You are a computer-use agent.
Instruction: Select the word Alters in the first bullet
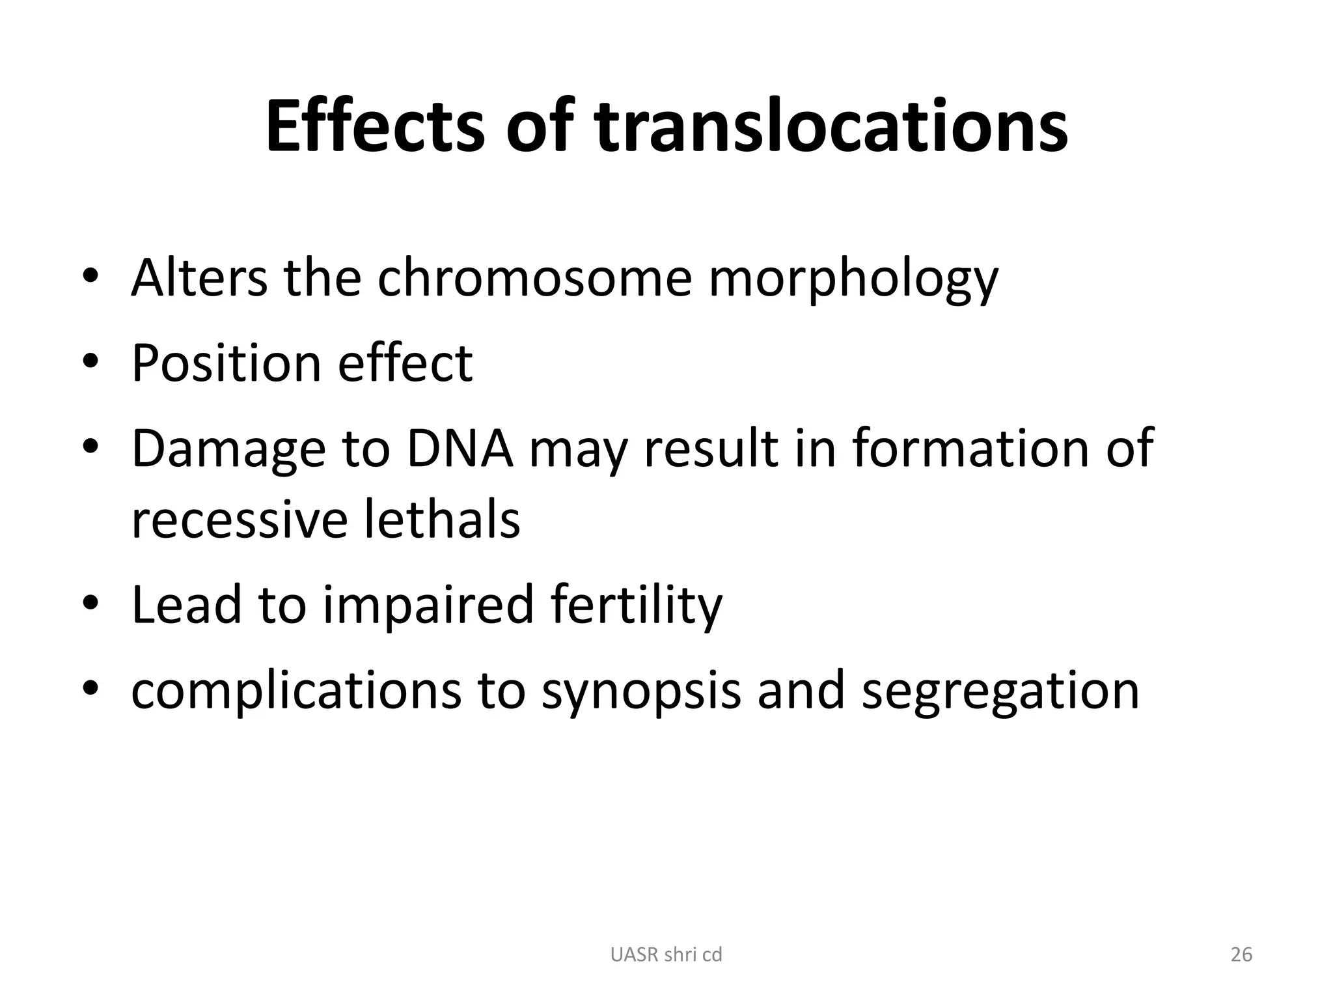(x=199, y=278)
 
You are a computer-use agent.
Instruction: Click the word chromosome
(x=534, y=278)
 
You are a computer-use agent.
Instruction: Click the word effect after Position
(x=405, y=363)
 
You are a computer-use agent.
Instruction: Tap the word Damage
(x=228, y=449)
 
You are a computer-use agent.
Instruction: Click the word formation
(x=970, y=449)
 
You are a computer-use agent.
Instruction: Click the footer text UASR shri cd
(x=666, y=955)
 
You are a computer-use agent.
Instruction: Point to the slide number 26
(x=1241, y=955)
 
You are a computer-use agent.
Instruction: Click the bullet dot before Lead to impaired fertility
(x=90, y=602)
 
